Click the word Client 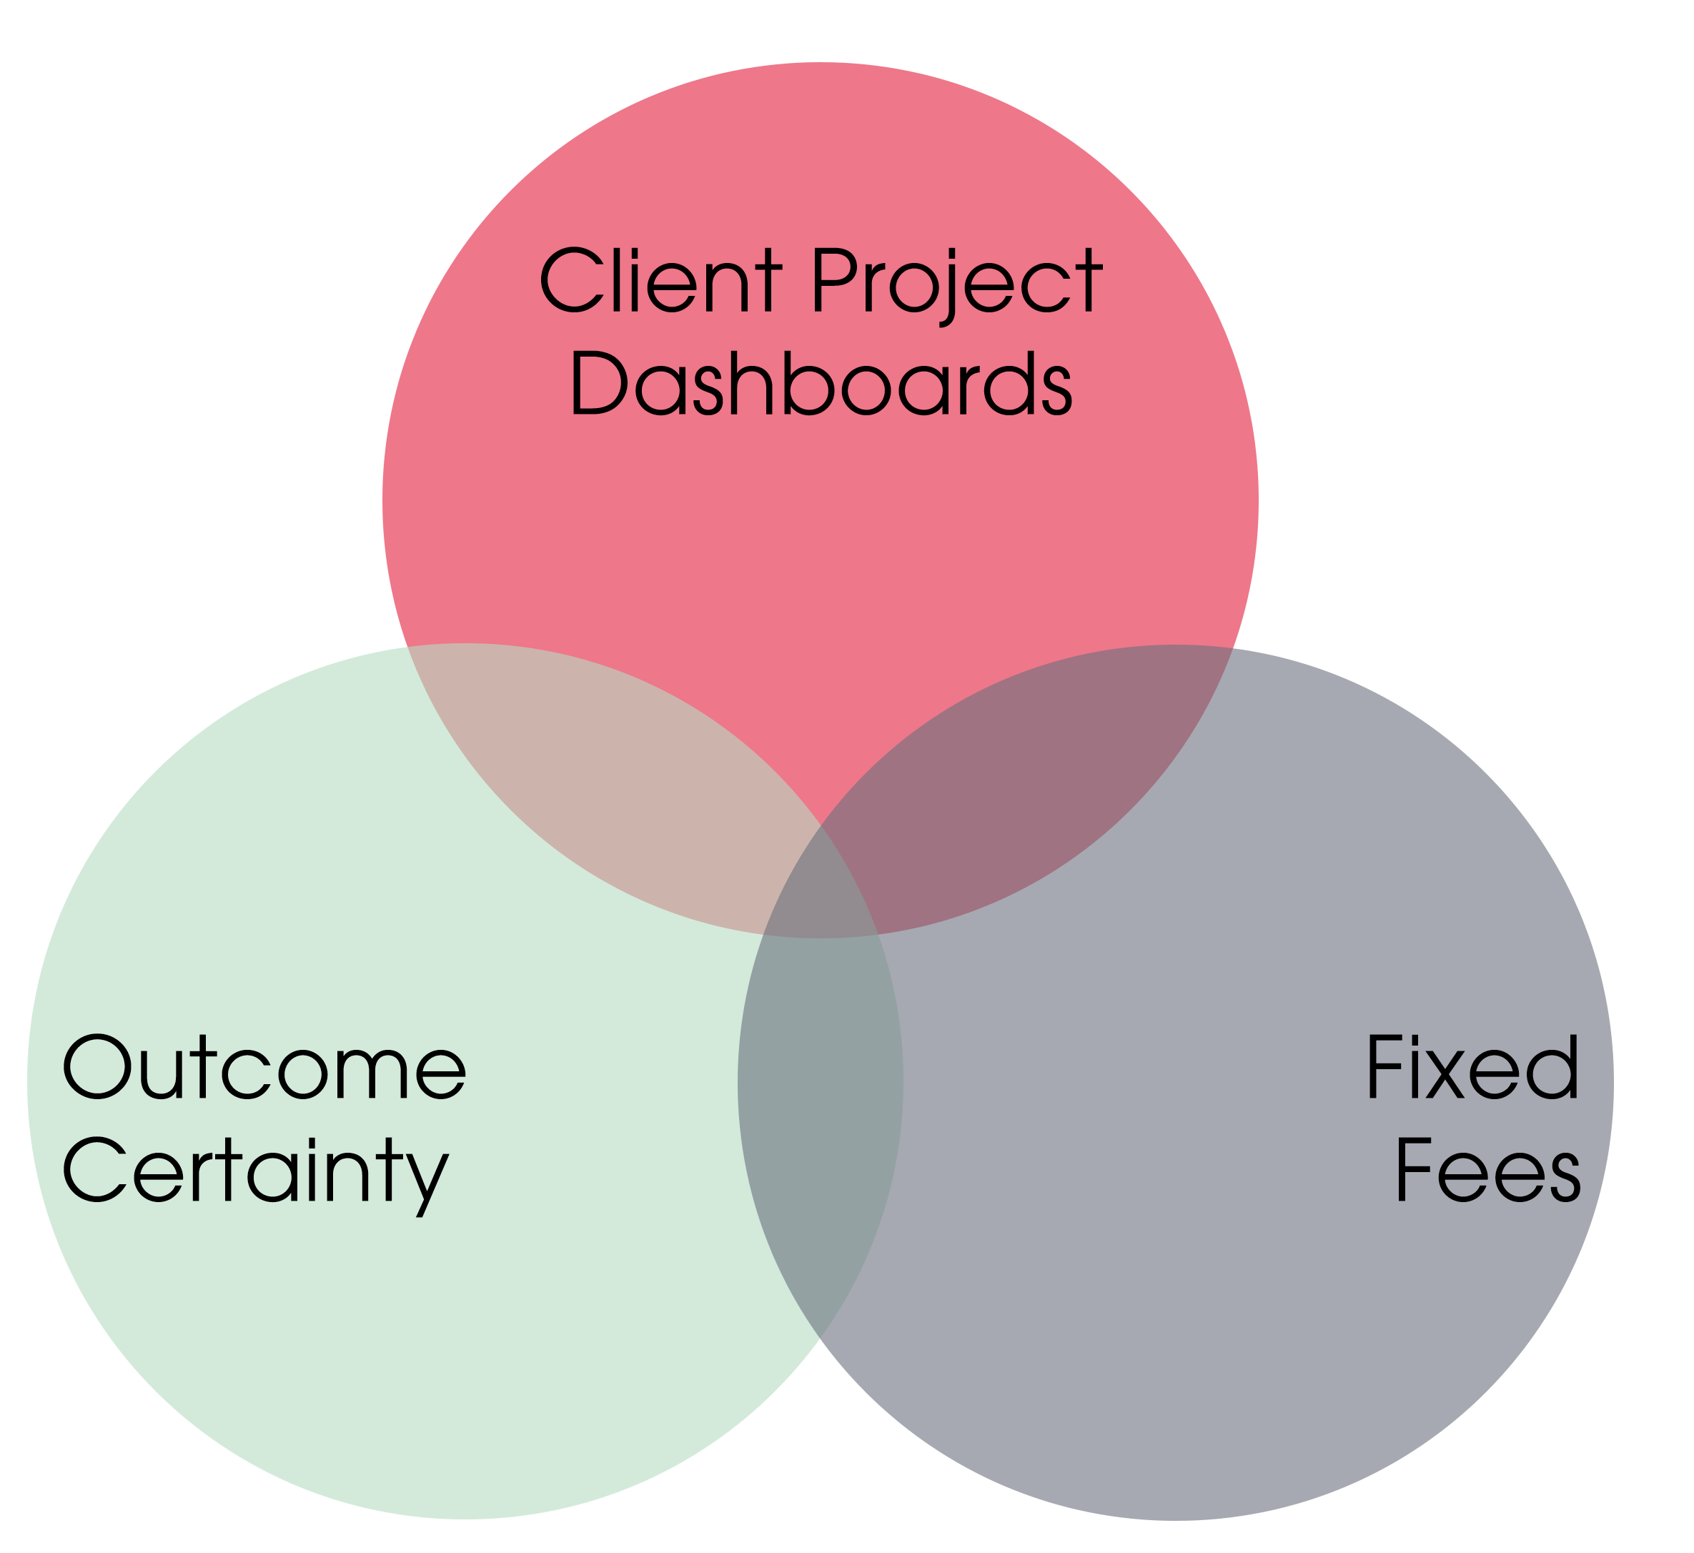pyautogui.click(x=660, y=281)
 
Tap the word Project pyautogui.click(x=956, y=281)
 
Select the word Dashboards pyautogui.click(x=821, y=384)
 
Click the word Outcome pyautogui.click(x=264, y=1067)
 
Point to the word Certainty pyautogui.click(x=255, y=1171)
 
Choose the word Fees pyautogui.click(x=1488, y=1171)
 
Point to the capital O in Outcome pyautogui.click(x=97, y=1067)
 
